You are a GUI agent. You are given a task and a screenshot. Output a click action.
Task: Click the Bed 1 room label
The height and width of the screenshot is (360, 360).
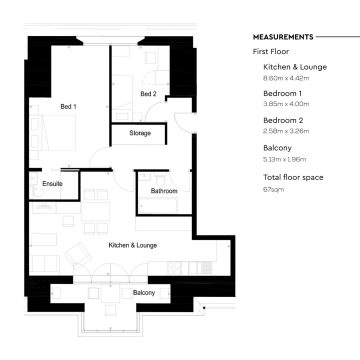68,106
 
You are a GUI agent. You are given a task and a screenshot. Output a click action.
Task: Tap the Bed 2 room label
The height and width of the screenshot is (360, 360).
148,94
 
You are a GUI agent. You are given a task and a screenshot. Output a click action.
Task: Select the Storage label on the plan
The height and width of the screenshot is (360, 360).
141,132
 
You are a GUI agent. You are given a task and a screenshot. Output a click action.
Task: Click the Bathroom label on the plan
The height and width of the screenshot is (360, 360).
164,191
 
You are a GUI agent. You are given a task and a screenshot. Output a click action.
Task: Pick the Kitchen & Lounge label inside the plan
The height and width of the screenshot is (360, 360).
133,245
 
